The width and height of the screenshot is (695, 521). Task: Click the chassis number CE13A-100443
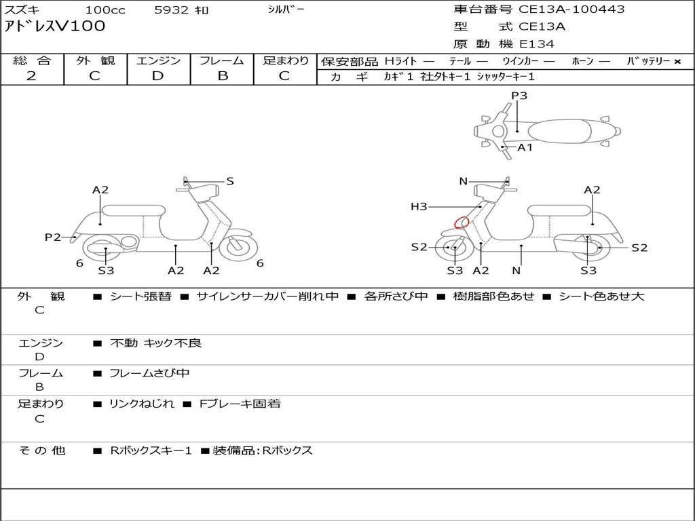coord(571,9)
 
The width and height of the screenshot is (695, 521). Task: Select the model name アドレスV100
coord(54,26)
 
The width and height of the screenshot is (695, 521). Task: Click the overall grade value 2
coord(31,76)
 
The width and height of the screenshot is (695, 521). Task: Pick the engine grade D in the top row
coord(157,76)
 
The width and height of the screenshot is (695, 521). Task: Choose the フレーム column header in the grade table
coord(222,60)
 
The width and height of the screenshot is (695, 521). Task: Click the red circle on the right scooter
coord(462,222)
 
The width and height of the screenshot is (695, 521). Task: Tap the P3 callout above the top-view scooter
coord(519,96)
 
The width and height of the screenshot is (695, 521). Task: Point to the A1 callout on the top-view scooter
coord(525,147)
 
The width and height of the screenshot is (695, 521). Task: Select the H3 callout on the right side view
coord(419,206)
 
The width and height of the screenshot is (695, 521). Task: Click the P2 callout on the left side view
coord(53,237)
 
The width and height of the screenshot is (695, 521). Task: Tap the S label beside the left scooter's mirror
coord(230,180)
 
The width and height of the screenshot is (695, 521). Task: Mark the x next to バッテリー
coord(677,62)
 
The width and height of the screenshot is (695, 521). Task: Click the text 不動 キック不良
coord(155,343)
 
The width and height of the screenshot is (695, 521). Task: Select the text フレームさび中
coord(149,374)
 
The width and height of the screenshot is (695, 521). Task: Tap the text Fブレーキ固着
coord(240,404)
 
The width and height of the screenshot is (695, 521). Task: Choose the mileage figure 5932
coord(172,9)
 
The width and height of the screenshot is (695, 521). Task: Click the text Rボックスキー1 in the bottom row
coord(151,450)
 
